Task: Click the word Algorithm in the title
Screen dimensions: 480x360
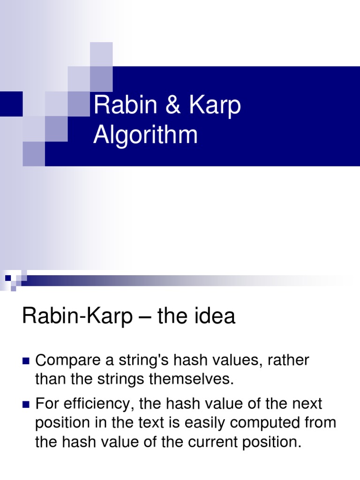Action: [x=145, y=135]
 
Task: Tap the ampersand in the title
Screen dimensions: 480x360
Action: [x=172, y=106]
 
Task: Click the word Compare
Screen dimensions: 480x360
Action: [x=69, y=360]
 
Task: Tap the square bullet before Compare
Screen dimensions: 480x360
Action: [x=26, y=361]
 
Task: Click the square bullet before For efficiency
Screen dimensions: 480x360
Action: [x=26, y=404]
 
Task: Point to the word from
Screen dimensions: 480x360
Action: [x=320, y=422]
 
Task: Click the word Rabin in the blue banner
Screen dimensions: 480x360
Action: [x=120, y=106]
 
